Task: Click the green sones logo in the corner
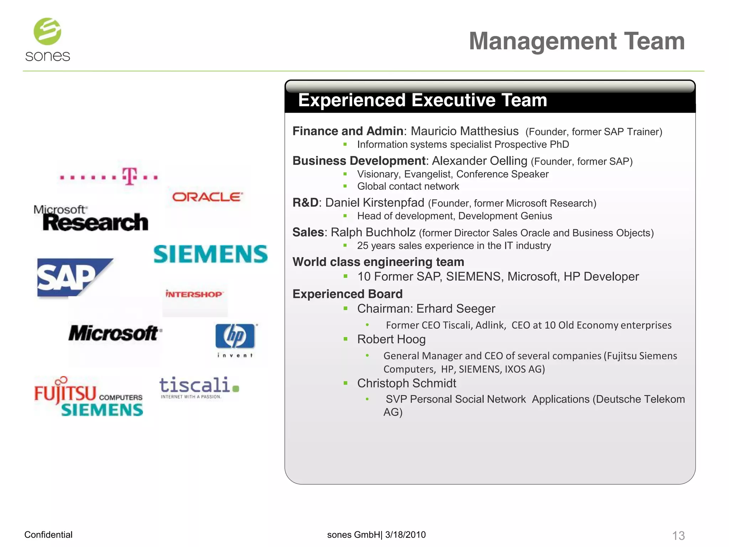coord(47,40)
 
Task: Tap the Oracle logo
coord(208,197)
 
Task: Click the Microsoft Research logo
coord(91,218)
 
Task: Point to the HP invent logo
coord(235,340)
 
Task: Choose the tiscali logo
coord(199,387)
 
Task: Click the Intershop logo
coord(194,294)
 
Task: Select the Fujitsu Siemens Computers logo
coord(88,396)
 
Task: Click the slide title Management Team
coord(577,41)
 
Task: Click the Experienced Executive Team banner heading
coord(423,100)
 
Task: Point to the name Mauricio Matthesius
coord(465,131)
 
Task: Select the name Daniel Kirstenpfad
coord(374,203)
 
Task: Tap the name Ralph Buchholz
coord(373,232)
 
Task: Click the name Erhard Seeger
coord(456,308)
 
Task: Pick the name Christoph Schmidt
coord(407,383)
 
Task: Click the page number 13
coord(678,535)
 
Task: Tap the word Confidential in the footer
coord(48,535)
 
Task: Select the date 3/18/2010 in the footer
coord(405,535)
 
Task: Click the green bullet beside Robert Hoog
coord(345,339)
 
